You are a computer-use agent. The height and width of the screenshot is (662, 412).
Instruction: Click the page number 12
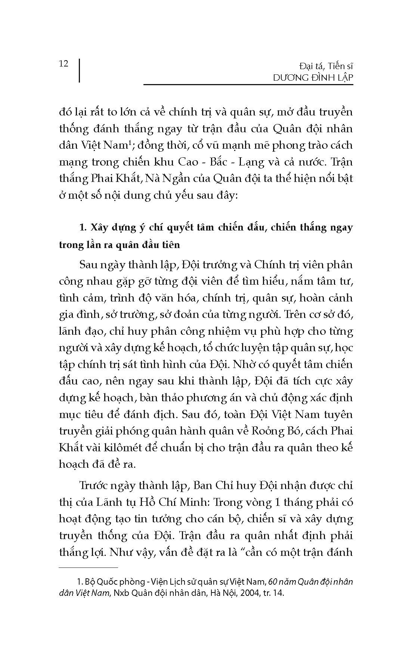coord(64,64)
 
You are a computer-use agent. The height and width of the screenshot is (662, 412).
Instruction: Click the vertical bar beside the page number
coord(80,70)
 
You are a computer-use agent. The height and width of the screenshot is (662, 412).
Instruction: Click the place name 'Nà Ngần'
coord(178,179)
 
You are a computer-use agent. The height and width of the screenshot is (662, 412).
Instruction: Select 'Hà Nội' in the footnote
coord(226,593)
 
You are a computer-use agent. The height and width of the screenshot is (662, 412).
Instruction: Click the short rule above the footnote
coord(88,567)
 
